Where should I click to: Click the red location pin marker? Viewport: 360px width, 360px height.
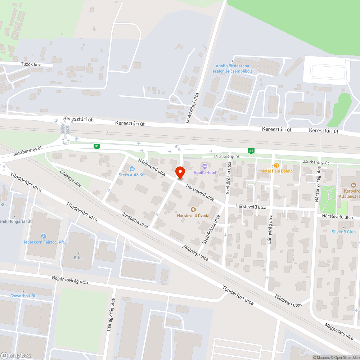pos(180,172)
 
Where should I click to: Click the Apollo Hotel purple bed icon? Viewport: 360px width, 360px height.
pos(204,166)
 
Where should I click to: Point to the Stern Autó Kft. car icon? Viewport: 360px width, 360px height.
pos(132,168)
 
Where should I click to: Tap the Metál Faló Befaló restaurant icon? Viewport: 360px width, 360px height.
pos(276,165)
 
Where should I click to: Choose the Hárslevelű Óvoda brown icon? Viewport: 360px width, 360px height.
pos(193,209)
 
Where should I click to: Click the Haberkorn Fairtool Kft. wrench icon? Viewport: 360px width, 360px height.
pos(44,236)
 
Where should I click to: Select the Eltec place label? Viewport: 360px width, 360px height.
pos(79,258)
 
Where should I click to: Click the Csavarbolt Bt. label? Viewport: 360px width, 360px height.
pos(23,296)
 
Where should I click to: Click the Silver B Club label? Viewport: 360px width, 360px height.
pos(343,232)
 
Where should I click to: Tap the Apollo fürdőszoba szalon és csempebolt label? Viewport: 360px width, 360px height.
pos(234,68)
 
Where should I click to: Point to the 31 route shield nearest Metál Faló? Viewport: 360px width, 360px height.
pos(251,150)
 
